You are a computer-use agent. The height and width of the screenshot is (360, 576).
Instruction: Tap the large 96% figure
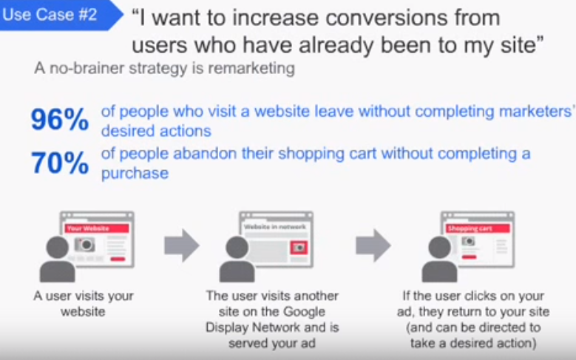(60, 120)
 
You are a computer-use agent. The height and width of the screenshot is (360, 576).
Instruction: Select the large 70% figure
(60, 163)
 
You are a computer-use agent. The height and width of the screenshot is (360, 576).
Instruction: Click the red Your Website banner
(97, 228)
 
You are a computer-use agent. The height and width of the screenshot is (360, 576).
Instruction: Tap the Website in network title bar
(275, 227)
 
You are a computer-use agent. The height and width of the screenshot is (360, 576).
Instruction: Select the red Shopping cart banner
(478, 228)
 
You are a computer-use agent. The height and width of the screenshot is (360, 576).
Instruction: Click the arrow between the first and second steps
(182, 245)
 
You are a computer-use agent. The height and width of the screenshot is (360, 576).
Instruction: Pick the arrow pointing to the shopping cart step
(373, 245)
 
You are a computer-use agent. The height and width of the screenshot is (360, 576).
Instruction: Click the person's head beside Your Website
(58, 247)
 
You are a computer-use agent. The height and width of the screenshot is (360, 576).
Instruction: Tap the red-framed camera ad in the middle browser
(299, 248)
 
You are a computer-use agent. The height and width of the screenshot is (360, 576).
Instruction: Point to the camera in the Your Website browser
(85, 244)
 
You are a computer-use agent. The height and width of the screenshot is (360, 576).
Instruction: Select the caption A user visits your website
(84, 303)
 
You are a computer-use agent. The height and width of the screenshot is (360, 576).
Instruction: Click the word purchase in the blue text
(135, 173)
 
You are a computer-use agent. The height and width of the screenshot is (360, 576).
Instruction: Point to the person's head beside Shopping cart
(439, 247)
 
